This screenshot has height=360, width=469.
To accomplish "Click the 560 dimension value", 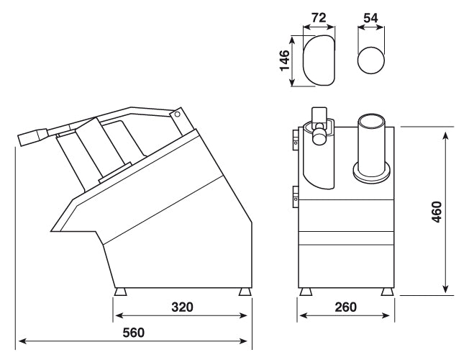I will tap(134, 333).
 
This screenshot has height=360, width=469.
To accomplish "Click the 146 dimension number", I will tap(285, 62).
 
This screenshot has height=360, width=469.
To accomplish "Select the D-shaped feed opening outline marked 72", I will tap(319, 61).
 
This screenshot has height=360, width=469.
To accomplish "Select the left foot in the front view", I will tap(307, 292).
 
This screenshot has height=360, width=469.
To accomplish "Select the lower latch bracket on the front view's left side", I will tap(295, 193).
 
